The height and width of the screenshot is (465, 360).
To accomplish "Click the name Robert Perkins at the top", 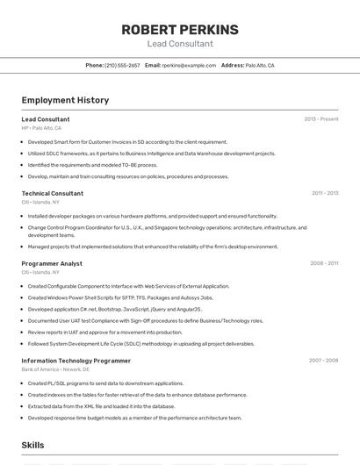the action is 180,30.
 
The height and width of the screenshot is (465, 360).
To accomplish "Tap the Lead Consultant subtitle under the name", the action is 180,44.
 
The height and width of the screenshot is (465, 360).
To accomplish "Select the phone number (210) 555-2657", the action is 122,65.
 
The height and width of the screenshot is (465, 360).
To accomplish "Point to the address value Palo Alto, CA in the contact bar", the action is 260,65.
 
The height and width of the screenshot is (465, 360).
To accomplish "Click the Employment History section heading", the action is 65,100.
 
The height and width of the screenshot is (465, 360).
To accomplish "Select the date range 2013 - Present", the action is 321,119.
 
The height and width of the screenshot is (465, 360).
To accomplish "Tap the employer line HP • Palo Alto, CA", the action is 41,127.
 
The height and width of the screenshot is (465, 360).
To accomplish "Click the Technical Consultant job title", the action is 53,193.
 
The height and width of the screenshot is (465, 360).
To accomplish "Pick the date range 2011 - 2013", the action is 325,193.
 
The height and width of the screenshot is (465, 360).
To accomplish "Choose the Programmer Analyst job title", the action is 52,263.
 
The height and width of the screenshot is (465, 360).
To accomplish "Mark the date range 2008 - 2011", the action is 324,263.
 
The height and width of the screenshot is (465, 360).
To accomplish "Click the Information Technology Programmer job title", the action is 76,361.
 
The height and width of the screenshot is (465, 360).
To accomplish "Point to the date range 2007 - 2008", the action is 323,361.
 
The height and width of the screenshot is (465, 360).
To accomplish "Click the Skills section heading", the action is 32,445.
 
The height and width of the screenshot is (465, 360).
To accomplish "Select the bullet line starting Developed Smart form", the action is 127,141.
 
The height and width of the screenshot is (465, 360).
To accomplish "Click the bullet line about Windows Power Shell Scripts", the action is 120,297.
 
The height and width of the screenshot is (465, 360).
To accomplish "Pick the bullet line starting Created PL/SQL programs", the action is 105,383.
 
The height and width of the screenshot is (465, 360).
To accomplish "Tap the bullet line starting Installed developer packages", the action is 152,216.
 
